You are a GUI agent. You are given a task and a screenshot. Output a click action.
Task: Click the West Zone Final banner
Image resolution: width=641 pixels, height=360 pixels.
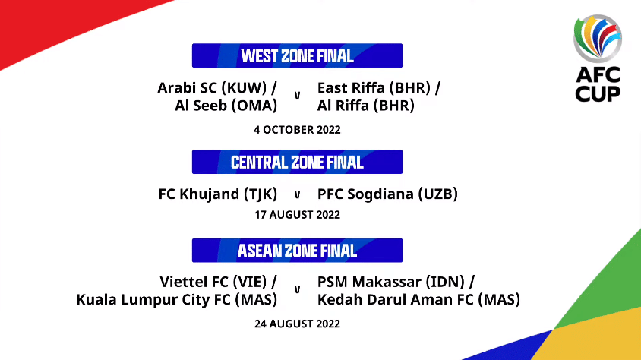tap(297, 55)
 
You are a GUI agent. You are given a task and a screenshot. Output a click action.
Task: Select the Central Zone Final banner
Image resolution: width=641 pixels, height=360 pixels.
tap(297, 162)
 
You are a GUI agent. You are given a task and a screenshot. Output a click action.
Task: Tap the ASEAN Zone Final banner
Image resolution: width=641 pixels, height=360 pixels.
tap(297, 251)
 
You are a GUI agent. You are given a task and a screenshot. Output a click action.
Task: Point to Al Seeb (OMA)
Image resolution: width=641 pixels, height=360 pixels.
tap(226, 106)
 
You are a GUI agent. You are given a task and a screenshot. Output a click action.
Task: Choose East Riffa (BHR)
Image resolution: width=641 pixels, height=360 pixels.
tap(374, 88)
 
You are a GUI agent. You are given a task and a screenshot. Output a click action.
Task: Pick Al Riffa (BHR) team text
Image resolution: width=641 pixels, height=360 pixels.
tap(366, 106)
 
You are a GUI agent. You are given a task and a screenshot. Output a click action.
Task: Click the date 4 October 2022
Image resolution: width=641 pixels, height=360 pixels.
tap(297, 130)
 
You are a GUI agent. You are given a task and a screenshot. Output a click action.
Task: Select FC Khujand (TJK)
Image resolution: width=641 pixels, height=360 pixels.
tap(218, 194)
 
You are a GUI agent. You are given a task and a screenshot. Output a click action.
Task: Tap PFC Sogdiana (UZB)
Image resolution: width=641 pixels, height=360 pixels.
tap(387, 194)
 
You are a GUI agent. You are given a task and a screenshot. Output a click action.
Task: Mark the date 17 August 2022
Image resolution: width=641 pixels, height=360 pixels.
tap(297, 215)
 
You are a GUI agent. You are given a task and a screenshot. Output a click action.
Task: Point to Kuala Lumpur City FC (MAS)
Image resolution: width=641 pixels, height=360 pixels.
tap(177, 299)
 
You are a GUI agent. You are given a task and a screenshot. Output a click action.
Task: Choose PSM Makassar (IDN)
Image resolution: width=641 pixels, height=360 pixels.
tap(391, 282)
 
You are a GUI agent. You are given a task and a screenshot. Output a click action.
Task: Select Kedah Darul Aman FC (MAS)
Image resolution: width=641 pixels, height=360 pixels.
tap(418, 299)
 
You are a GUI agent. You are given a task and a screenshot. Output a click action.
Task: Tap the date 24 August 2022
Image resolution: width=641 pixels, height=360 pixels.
tap(297, 324)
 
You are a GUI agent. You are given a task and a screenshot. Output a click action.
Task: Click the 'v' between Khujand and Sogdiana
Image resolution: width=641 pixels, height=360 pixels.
tap(297, 195)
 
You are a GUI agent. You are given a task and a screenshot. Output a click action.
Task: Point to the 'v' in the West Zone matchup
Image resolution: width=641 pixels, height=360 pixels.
tap(297, 96)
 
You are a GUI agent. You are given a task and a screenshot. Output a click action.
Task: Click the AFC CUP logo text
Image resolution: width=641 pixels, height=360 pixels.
tap(598, 84)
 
